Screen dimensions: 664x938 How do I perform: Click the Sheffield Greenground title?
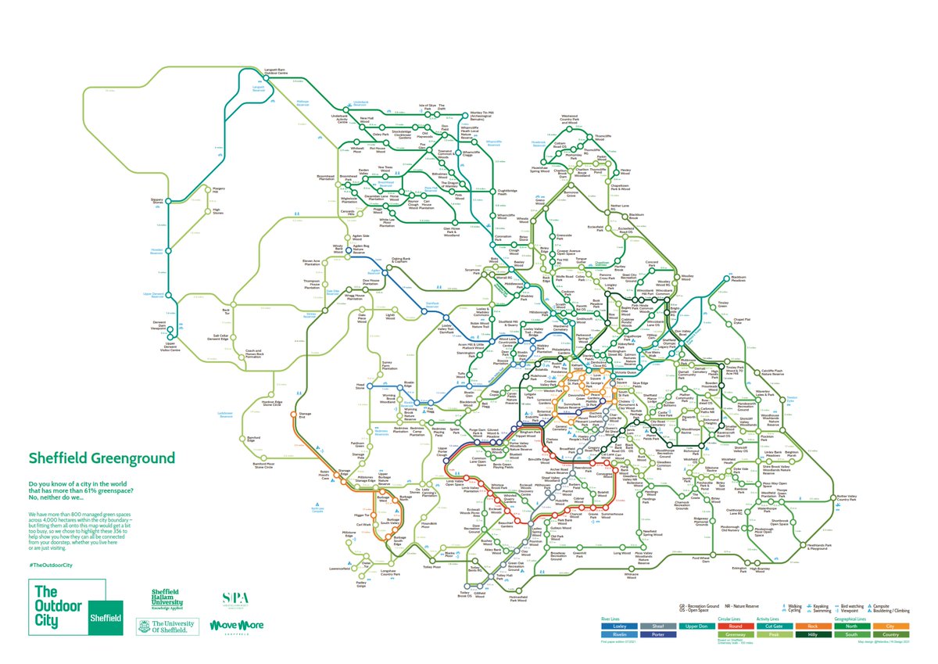tap(102, 458)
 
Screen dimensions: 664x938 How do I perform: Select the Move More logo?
tap(236, 626)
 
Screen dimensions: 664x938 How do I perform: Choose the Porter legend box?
tap(657, 636)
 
